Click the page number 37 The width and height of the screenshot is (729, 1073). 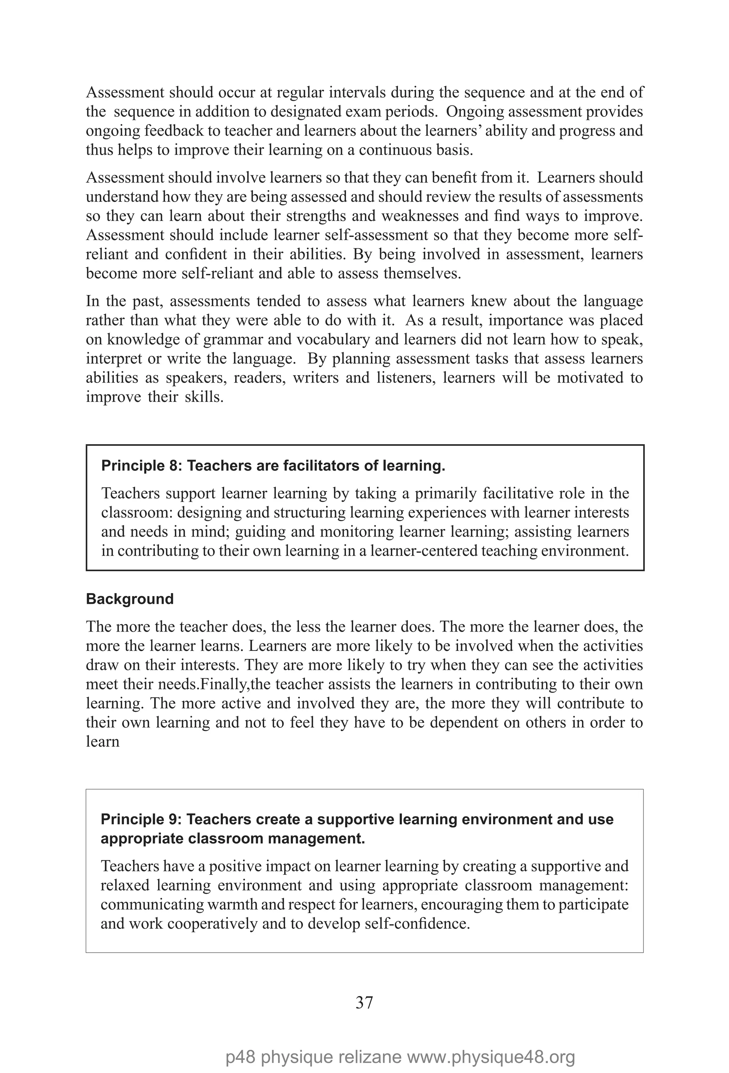coord(364,1003)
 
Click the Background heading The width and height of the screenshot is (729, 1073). coord(130,599)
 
